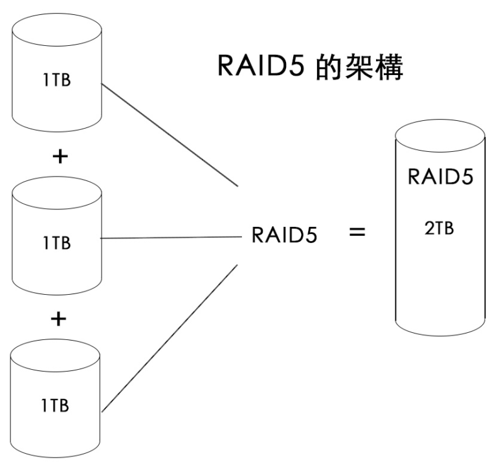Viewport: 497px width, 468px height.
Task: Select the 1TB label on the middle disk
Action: tap(56, 244)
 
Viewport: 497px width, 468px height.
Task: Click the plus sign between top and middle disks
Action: tap(59, 157)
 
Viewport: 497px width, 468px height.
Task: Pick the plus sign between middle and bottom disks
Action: tap(59, 319)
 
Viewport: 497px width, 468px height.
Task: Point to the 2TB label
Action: tap(439, 230)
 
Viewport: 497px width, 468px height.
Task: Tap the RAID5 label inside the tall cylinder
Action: tap(440, 177)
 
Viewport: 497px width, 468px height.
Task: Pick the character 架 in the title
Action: tap(360, 68)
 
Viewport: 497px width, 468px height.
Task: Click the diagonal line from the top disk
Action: tap(170, 134)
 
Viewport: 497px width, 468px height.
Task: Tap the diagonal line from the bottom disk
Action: tap(170, 337)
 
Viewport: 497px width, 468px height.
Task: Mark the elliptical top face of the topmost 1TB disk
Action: tap(56, 29)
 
